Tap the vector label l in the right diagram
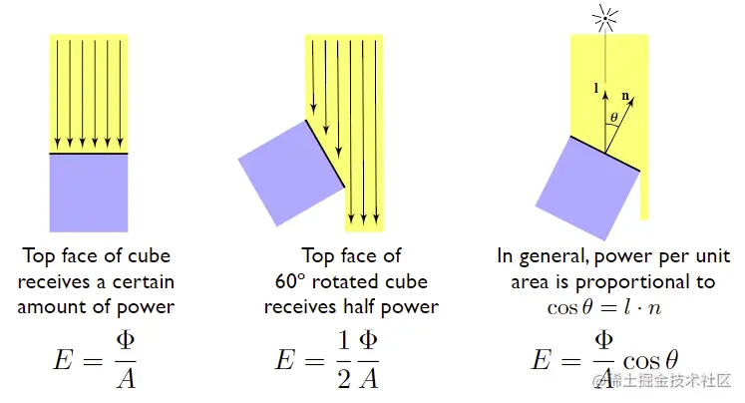point(595,89)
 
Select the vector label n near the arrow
point(626,97)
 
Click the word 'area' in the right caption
point(529,281)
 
